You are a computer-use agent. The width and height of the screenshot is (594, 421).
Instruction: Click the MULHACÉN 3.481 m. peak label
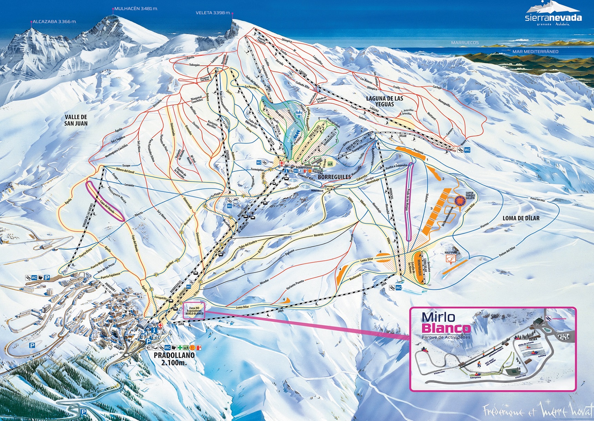coord(135,9)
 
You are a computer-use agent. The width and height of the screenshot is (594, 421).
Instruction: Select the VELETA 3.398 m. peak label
coord(213,13)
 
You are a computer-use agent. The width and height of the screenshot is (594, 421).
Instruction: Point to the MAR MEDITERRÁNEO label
coord(535,52)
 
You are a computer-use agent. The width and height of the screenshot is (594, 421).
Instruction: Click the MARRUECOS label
coord(465,43)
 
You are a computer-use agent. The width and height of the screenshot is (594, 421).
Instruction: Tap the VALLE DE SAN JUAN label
coord(76,120)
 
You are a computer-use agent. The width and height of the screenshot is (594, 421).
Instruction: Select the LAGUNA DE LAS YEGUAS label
coord(385,101)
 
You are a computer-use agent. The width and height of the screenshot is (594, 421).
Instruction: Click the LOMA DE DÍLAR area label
coord(521,218)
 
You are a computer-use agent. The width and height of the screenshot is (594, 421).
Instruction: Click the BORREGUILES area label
coord(334,177)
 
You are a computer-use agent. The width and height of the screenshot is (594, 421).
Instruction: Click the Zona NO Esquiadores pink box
coord(194,311)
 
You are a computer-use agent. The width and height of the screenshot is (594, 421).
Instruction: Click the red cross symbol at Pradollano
coord(161,325)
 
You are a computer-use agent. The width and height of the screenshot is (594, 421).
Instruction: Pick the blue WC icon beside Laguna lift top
coord(467,150)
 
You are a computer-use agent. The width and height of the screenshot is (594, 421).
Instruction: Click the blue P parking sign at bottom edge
coord(83,412)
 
